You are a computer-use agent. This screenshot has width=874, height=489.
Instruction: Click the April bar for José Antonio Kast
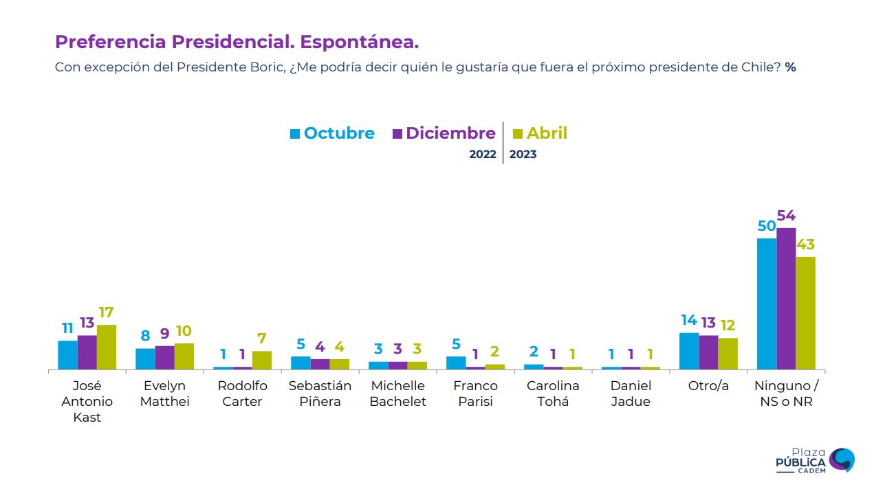107,347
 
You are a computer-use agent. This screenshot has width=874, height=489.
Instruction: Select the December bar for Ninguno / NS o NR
786,299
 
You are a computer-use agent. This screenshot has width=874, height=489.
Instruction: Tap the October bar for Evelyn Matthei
145,359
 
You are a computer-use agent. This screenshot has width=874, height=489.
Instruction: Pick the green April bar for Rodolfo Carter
262,360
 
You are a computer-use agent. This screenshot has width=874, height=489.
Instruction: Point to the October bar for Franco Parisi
456,363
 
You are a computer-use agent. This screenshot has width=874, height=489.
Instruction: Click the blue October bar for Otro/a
689,351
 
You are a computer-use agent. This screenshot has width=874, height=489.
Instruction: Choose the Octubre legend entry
332,133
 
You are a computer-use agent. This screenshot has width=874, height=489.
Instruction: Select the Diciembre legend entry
444,133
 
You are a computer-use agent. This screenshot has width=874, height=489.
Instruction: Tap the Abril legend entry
540,133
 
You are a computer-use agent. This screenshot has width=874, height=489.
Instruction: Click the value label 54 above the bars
786,216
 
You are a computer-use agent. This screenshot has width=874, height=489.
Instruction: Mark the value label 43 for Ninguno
805,245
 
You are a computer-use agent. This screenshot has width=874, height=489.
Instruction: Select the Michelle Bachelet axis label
397,394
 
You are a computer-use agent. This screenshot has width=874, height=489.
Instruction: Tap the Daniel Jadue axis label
631,394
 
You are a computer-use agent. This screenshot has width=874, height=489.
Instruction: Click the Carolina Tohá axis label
553,394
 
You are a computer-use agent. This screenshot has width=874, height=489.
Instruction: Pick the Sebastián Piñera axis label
320,394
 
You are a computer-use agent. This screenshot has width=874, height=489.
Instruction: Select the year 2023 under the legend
523,155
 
